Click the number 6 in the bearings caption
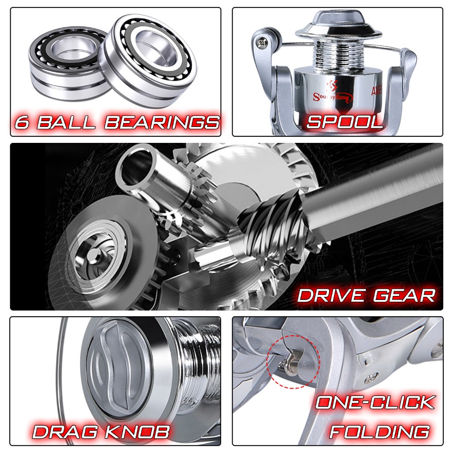point(22,123)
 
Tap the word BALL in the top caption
point(66,123)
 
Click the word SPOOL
point(345,122)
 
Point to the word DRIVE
point(330,296)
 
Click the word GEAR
point(404,296)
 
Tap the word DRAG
point(65,432)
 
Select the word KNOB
point(137,432)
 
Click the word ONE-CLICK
point(375,403)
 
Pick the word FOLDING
point(380,432)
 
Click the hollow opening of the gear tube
point(136,166)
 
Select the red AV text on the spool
point(376,91)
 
